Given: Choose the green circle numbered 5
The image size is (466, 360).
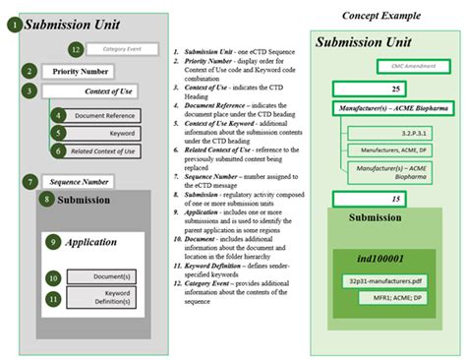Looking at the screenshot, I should point(59,133).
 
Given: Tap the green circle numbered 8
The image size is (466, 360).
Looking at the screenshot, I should point(46,201).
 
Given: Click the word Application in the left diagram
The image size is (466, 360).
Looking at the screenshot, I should point(90,242).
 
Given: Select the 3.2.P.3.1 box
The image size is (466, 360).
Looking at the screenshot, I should point(397,127).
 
